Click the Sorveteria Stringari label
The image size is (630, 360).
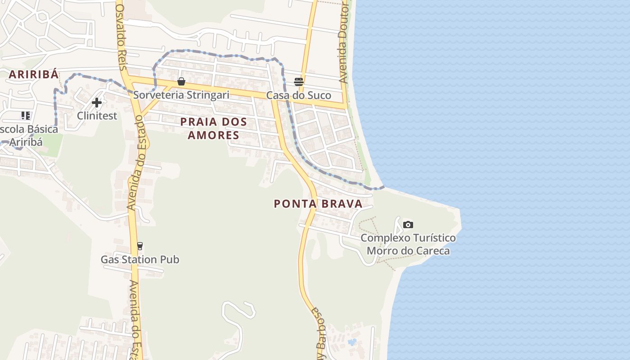pyautogui.click(x=181, y=95)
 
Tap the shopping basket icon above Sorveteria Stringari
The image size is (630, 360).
pyautogui.click(x=181, y=81)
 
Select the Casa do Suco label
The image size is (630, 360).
pyautogui.click(x=298, y=95)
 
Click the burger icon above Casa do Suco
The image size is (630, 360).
pyautogui.click(x=299, y=81)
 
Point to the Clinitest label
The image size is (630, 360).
pyautogui.click(x=97, y=116)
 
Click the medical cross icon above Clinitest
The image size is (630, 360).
pyautogui.click(x=97, y=103)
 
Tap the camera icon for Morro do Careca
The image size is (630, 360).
pyautogui.click(x=408, y=225)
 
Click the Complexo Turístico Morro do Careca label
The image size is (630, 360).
pyautogui.click(x=408, y=244)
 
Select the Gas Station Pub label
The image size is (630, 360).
pyautogui.click(x=139, y=260)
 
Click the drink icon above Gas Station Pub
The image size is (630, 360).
pyautogui.click(x=140, y=246)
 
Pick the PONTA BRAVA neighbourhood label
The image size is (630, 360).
pyautogui.click(x=318, y=204)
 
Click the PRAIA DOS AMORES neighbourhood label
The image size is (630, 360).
pyautogui.click(x=214, y=128)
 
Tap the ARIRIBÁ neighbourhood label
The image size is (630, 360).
pyautogui.click(x=34, y=75)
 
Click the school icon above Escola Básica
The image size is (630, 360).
pyautogui.click(x=26, y=116)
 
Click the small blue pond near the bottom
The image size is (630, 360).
pyautogui.click(x=352, y=342)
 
